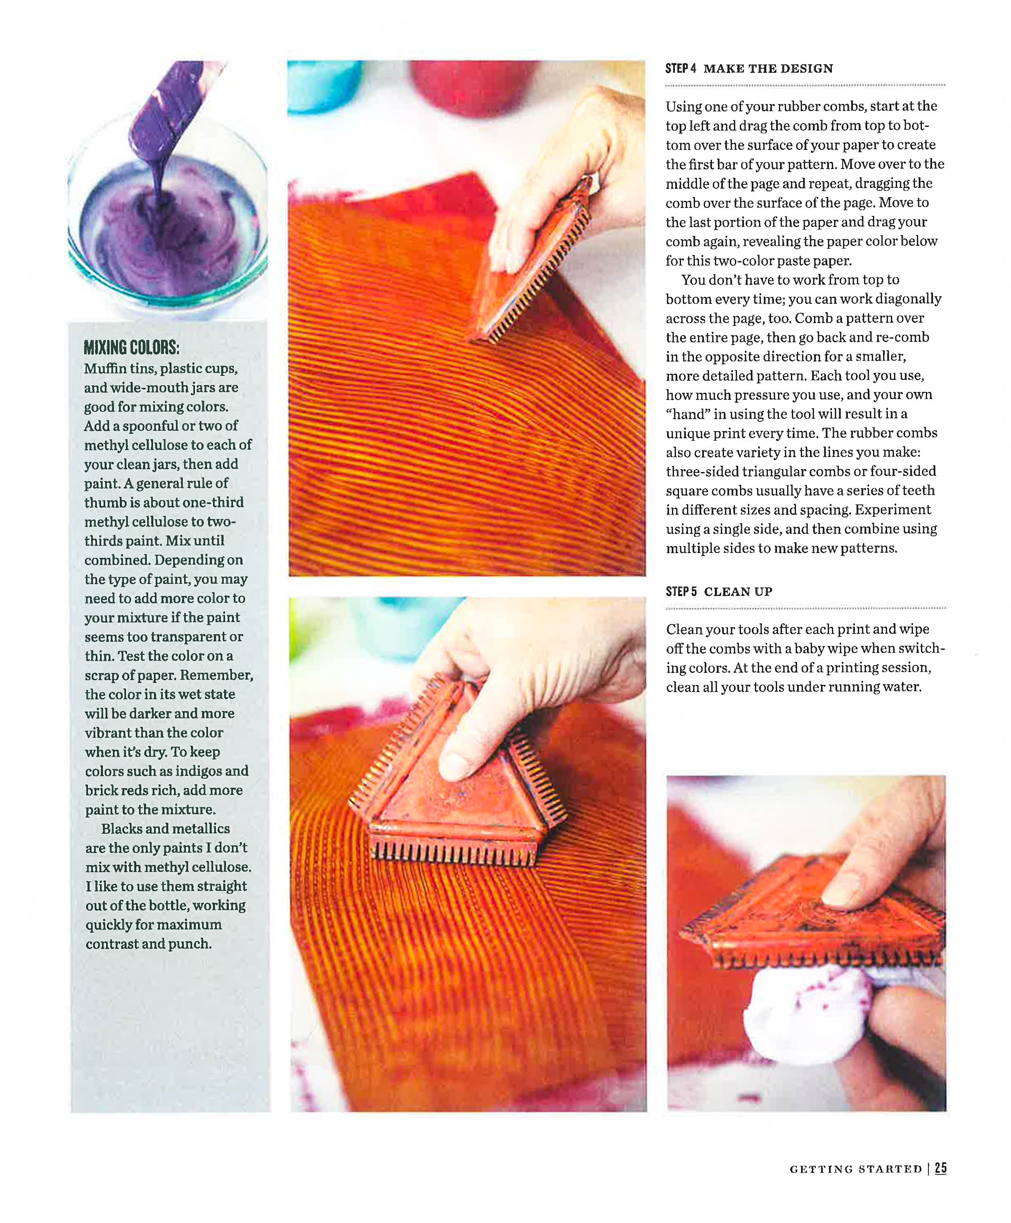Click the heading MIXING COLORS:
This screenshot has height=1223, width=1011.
[x=131, y=348]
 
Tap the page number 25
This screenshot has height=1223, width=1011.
[x=940, y=1168]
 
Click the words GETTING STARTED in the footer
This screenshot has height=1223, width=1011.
[x=856, y=1169]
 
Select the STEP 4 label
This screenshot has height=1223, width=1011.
[x=680, y=69]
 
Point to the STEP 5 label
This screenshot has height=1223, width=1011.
[x=681, y=591]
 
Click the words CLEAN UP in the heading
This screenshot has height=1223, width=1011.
[x=738, y=591]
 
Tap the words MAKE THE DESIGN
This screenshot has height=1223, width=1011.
[x=768, y=69]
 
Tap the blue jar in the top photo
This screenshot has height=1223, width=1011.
[x=320, y=84]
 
